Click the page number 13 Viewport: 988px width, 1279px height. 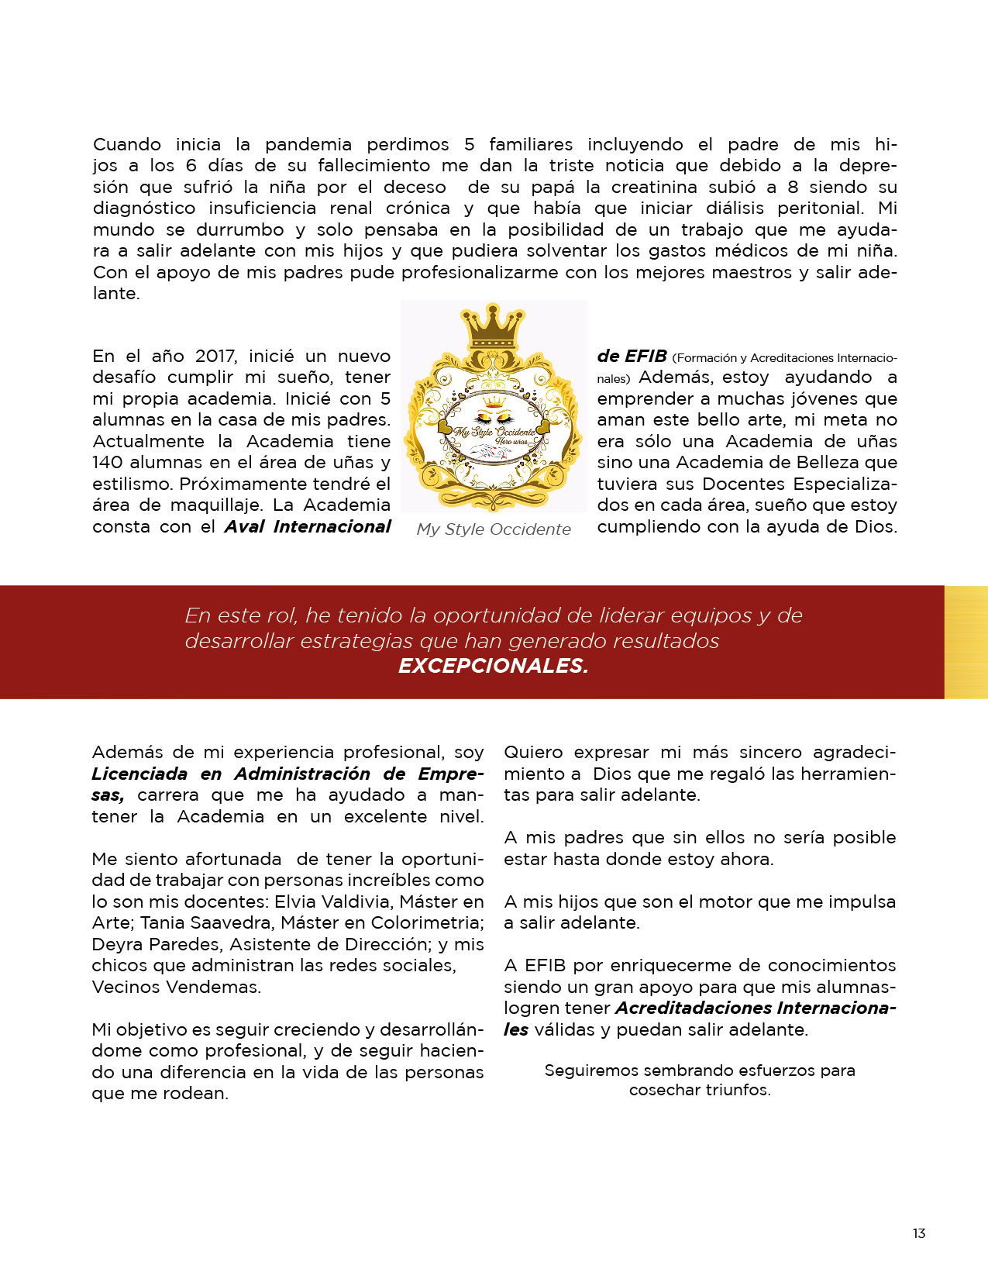click(918, 1233)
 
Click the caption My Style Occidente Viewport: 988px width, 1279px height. click(494, 529)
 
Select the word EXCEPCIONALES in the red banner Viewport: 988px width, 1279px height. click(493, 666)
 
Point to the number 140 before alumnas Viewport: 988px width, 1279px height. click(108, 463)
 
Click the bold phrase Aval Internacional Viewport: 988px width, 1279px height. click(308, 527)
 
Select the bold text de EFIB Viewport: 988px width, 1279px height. click(632, 357)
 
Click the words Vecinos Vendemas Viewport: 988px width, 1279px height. click(177, 988)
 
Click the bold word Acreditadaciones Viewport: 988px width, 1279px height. click(693, 1008)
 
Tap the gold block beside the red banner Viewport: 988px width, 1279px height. click(966, 643)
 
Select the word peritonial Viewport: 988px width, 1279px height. click(820, 209)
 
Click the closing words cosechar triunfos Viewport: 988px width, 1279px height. click(699, 1090)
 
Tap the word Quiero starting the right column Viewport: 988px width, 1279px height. click(533, 753)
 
